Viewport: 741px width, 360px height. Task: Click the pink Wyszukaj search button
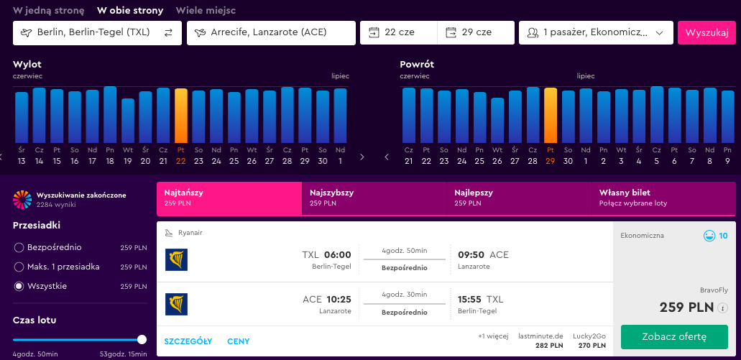[x=707, y=33]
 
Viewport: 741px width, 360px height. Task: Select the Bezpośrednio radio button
[x=19, y=248]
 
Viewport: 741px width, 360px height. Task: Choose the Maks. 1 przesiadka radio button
[x=19, y=267]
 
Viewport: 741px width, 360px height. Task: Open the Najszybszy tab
[x=374, y=198]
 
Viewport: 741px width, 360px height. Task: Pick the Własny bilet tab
[x=663, y=198]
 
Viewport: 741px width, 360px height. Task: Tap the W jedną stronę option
[x=49, y=10]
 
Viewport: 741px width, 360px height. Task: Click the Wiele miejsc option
[x=206, y=10]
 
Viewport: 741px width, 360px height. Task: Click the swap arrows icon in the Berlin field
[x=169, y=32]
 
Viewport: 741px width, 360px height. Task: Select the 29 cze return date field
[x=476, y=32]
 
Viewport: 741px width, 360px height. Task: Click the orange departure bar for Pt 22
[x=181, y=116]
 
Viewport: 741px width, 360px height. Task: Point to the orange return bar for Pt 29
[x=551, y=115]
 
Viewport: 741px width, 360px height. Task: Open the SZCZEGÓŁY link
[x=188, y=341]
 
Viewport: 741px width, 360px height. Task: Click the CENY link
[x=238, y=341]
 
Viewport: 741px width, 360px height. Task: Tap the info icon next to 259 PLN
[x=722, y=308]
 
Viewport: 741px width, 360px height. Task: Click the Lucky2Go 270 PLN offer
[x=589, y=341]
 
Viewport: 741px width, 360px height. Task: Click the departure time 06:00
[x=337, y=255]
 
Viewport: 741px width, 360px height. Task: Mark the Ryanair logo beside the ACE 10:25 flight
[x=176, y=304]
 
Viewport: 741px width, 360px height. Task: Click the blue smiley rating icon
[x=709, y=236]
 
